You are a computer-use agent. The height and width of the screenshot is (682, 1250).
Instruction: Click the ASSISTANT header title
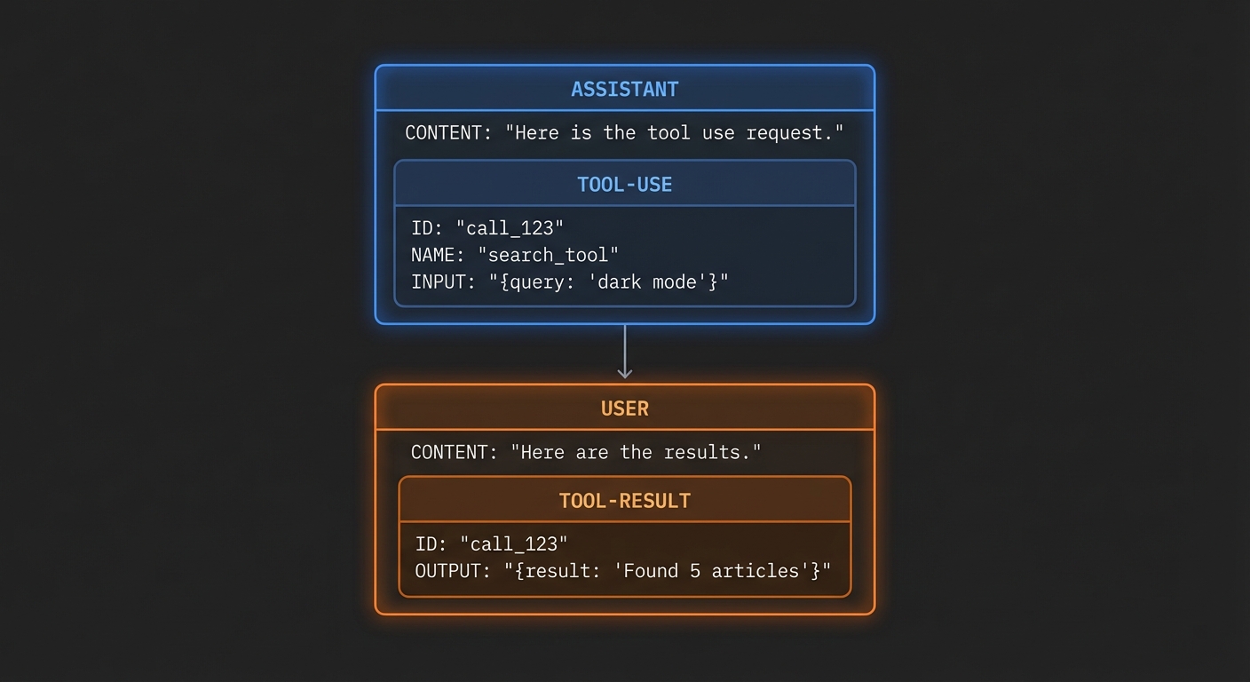(x=624, y=89)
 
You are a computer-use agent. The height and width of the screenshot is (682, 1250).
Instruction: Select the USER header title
(x=624, y=408)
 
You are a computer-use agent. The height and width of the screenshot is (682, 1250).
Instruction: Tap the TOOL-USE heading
(x=624, y=185)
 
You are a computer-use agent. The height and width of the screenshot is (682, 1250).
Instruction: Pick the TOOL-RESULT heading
(x=624, y=501)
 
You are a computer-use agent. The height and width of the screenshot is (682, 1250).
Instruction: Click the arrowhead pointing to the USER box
(x=624, y=372)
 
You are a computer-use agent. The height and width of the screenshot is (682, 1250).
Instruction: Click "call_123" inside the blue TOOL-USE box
(x=515, y=228)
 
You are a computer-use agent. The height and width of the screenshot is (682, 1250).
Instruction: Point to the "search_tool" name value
(x=548, y=255)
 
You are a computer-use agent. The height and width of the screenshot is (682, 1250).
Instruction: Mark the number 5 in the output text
(x=696, y=571)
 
